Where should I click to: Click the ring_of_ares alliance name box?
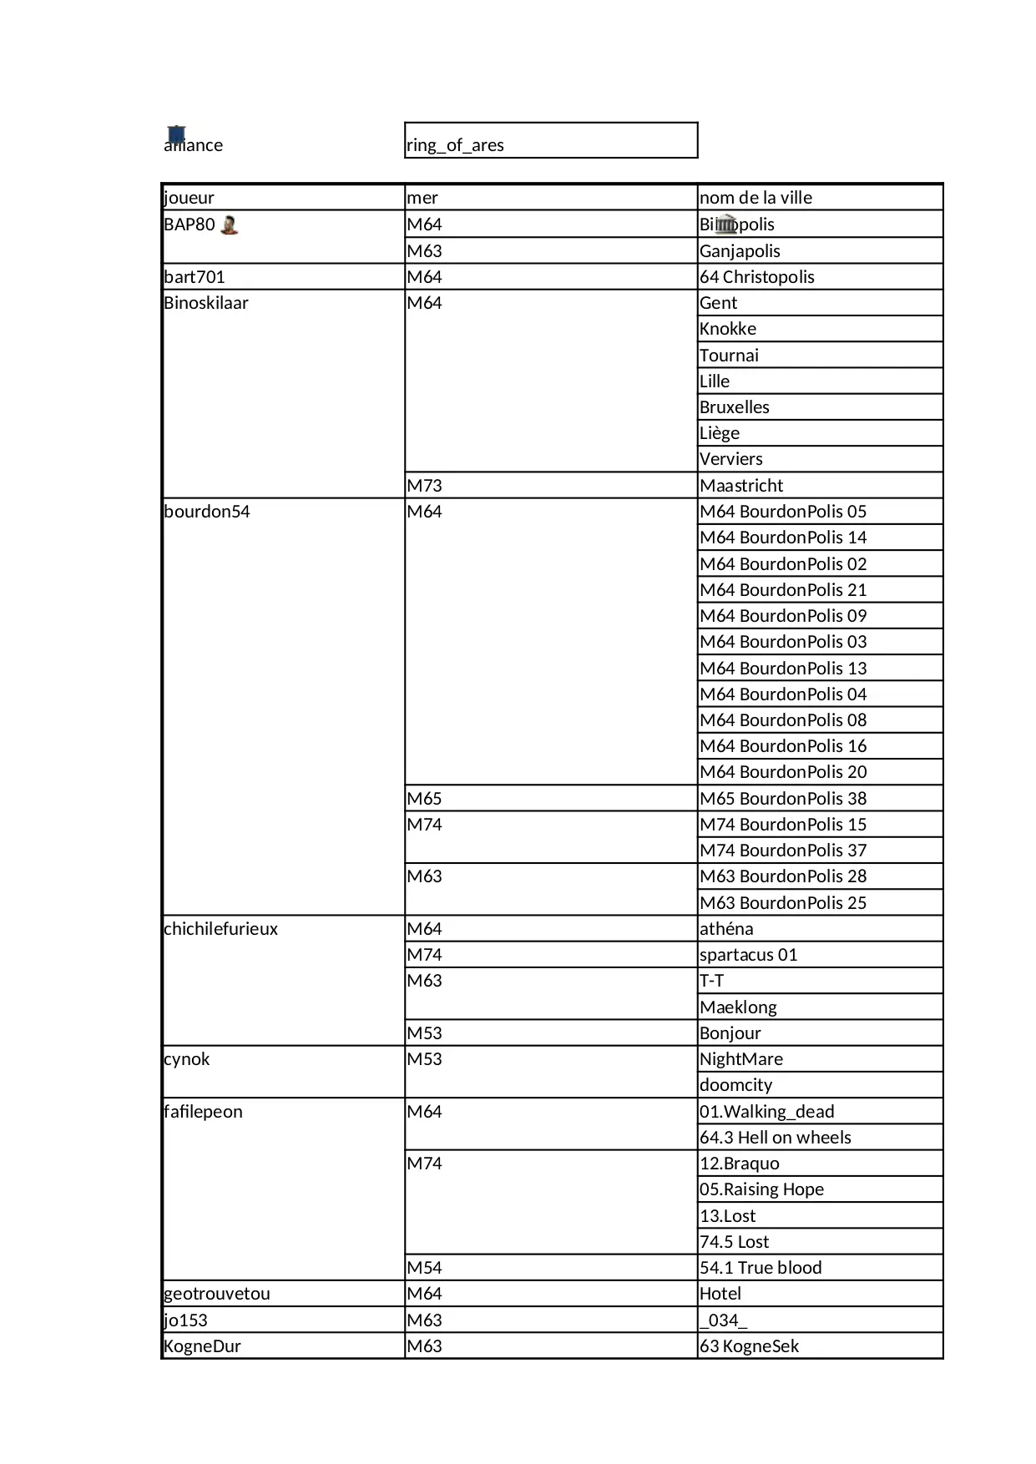(x=550, y=141)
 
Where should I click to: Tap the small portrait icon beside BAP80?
(x=230, y=225)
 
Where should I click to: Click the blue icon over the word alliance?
(x=176, y=134)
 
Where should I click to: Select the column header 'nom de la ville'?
(x=756, y=198)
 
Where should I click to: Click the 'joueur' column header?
(x=190, y=198)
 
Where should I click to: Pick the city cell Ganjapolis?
(x=740, y=251)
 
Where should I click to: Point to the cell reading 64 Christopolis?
(x=756, y=277)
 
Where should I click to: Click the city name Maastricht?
(x=741, y=486)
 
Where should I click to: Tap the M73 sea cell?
(x=425, y=486)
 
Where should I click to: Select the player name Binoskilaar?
(x=206, y=303)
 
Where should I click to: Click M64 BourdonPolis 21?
(x=783, y=590)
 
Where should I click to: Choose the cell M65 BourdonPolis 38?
(x=783, y=799)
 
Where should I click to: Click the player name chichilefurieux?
(x=220, y=929)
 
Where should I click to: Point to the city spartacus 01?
(x=748, y=955)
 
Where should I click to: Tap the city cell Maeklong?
(x=738, y=1007)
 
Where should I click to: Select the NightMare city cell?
(x=741, y=1059)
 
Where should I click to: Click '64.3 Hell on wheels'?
(x=775, y=1138)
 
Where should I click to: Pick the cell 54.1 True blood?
(x=761, y=1268)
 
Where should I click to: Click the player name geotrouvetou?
(x=217, y=1294)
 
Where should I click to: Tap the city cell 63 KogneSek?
(x=749, y=1346)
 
